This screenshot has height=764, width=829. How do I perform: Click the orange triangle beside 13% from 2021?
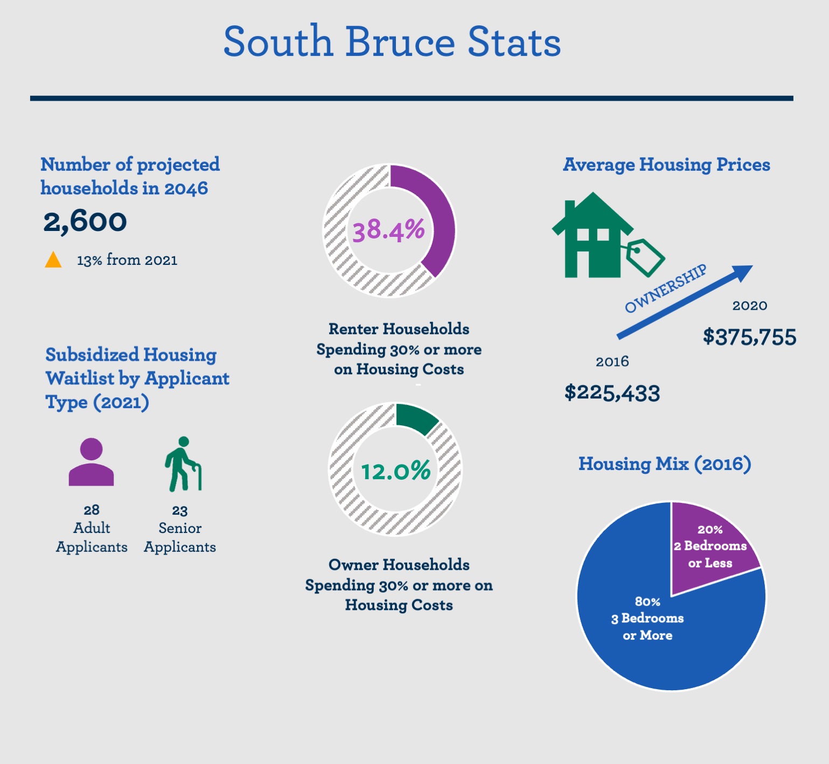click(53, 261)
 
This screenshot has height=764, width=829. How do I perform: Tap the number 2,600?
click(85, 221)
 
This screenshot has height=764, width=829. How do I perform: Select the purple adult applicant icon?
click(92, 462)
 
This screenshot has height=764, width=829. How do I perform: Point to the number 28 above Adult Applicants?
click(92, 510)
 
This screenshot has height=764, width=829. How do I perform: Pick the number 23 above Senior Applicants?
click(180, 510)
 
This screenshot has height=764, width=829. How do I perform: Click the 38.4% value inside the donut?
click(388, 230)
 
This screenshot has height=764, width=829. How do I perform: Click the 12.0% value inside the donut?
click(395, 472)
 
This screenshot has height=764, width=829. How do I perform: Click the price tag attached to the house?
click(645, 256)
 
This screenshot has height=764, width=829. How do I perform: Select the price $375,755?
click(749, 338)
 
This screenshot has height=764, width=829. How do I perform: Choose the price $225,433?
click(612, 392)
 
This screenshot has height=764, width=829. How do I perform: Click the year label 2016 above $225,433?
click(612, 361)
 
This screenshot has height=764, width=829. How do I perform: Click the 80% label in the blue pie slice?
click(647, 602)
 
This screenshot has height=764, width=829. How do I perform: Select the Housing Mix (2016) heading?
click(665, 464)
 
